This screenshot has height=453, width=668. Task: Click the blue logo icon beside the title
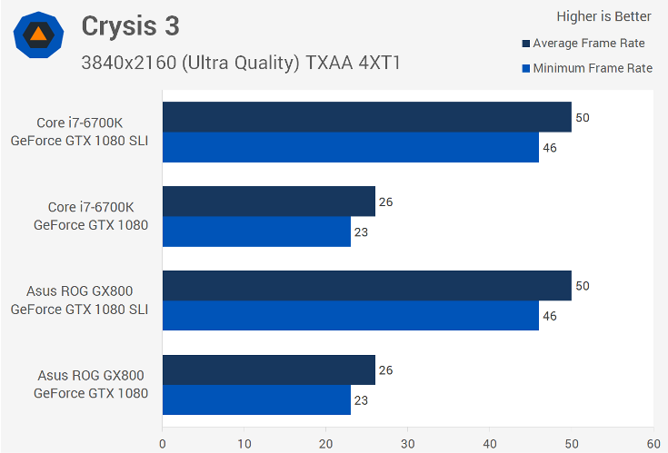pos(38,35)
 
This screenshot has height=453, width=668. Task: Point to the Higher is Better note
pos(603,15)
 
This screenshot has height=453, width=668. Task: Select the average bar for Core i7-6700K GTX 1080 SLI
pos(366,117)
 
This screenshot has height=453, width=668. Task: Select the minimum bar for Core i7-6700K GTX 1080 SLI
pos(350,147)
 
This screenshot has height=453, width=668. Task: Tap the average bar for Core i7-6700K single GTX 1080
pos(268,202)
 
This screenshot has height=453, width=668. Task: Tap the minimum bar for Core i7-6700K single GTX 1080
pos(256,231)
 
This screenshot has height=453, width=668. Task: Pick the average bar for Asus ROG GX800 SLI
pos(366,286)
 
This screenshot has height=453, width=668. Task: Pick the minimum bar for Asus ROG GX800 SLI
pos(350,316)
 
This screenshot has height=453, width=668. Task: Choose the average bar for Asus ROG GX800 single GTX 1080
pos(268,370)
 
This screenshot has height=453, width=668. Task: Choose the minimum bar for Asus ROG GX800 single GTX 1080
pos(256,400)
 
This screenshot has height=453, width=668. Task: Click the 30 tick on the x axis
pos(408,443)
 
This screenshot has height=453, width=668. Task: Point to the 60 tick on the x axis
pos(653,443)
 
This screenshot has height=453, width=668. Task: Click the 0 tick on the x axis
pos(163,443)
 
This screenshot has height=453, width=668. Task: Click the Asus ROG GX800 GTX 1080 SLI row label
pos(79,300)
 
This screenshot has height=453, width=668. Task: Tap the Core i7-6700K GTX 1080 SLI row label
pos(79,132)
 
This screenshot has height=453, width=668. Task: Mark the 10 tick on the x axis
pos(244,443)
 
